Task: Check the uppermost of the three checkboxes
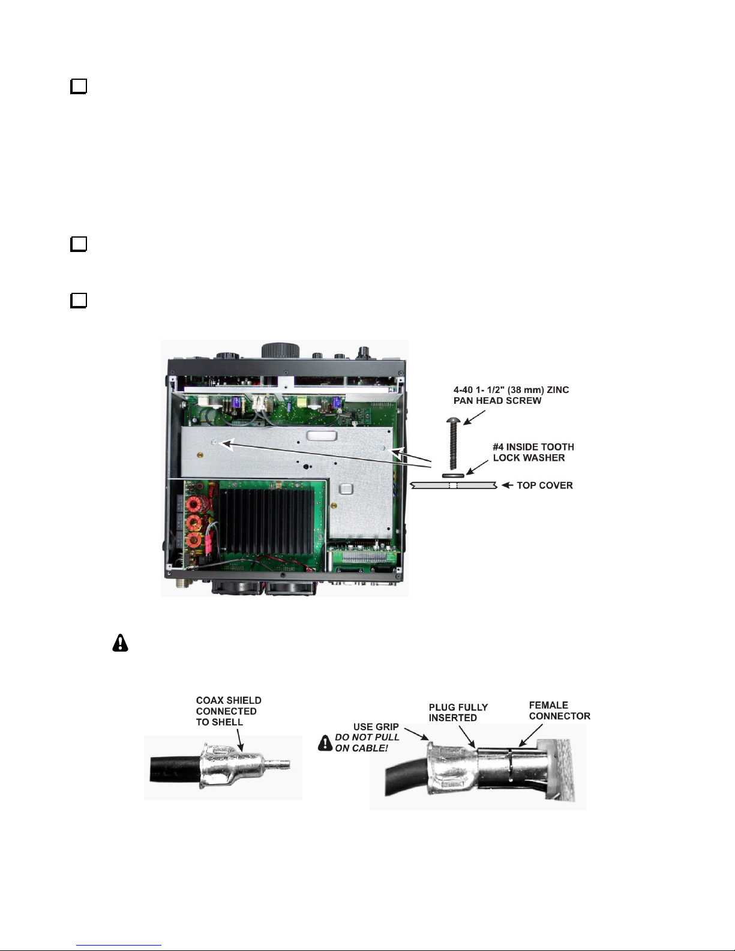[79, 86]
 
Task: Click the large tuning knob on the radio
[280, 350]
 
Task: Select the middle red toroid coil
[194, 523]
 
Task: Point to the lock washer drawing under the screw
[453, 475]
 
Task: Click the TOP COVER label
[545, 485]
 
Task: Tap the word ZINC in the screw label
[557, 390]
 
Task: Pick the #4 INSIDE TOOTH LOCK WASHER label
[533, 452]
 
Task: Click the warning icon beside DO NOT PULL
[325, 743]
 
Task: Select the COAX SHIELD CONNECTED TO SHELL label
[229, 711]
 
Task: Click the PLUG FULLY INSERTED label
[458, 712]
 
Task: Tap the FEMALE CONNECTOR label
[559, 710]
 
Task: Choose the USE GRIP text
[376, 727]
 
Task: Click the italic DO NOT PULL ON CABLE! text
[367, 743]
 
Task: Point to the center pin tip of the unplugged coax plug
[286, 765]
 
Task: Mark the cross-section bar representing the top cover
[454, 485]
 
